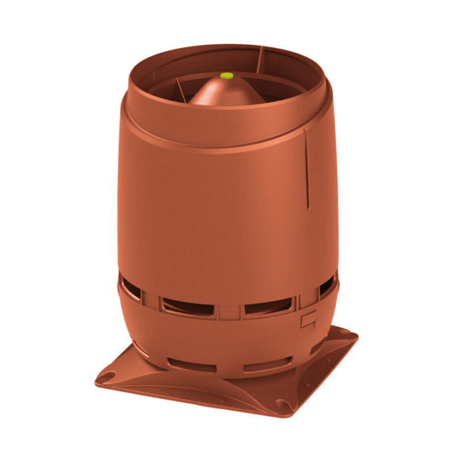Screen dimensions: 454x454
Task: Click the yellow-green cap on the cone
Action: tap(226, 74)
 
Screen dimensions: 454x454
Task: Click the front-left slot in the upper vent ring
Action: tap(187, 307)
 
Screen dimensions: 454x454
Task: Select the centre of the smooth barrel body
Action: tap(221, 216)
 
